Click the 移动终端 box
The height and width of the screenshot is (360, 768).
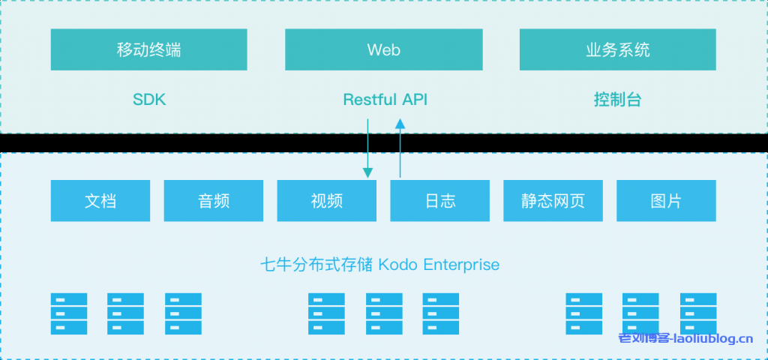pyautogui.click(x=148, y=50)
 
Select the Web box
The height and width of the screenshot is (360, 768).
pyautogui.click(x=383, y=50)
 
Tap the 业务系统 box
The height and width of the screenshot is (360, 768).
pyautogui.click(x=617, y=50)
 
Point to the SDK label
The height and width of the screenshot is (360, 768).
pyautogui.click(x=148, y=100)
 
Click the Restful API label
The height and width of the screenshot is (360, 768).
pyautogui.click(x=385, y=100)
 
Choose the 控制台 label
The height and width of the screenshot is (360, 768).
pyautogui.click(x=617, y=100)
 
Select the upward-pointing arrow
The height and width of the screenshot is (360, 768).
pyautogui.click(x=400, y=150)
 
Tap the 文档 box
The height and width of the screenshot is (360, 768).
pyautogui.click(x=100, y=201)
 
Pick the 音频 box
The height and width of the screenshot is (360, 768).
pyautogui.click(x=213, y=201)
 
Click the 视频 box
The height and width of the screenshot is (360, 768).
pyautogui.click(x=326, y=201)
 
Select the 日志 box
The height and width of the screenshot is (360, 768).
pyautogui.click(x=439, y=201)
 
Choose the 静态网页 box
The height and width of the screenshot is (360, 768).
pyautogui.click(x=553, y=201)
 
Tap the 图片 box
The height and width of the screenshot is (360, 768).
pyautogui.click(x=666, y=201)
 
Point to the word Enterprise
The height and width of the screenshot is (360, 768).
pyautogui.click(x=461, y=265)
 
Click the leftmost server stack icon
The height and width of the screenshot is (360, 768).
pyautogui.click(x=69, y=313)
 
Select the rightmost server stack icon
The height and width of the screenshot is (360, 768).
pyautogui.click(x=698, y=313)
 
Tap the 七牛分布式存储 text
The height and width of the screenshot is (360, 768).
pyautogui.click(x=316, y=265)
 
